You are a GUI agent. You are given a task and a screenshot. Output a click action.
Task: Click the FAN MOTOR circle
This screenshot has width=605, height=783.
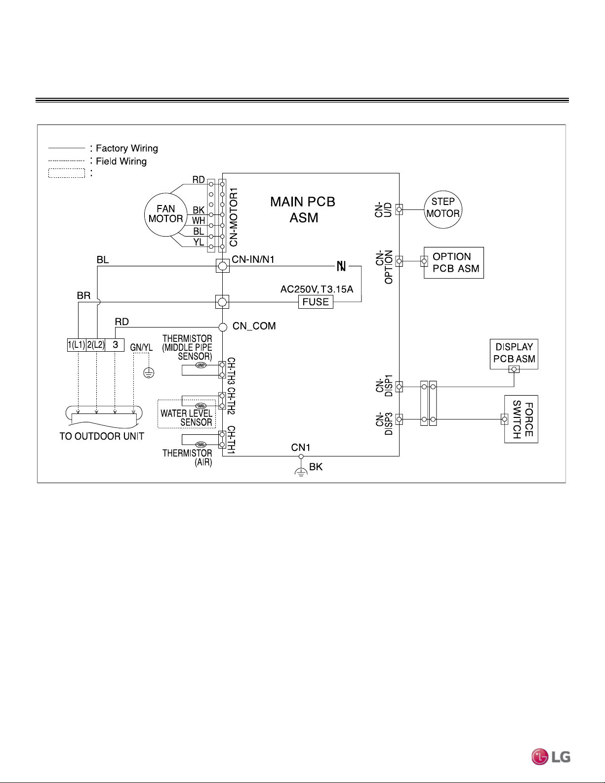(145, 215)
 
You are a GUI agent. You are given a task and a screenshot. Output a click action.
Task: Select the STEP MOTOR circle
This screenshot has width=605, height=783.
(425, 209)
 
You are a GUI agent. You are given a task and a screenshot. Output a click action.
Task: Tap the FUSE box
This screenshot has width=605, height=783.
(316, 302)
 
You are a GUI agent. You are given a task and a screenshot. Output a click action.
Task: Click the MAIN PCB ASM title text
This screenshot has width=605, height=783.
(303, 209)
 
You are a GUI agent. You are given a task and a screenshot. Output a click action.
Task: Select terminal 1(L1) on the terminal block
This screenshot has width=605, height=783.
(77, 345)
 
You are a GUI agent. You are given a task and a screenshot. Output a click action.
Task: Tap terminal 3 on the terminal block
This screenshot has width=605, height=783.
(115, 345)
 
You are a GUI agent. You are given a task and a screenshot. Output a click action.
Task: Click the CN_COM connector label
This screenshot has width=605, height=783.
(254, 326)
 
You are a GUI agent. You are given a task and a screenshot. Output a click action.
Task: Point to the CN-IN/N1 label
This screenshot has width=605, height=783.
(253, 259)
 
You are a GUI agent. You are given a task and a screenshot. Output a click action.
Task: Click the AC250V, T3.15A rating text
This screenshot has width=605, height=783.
(317, 289)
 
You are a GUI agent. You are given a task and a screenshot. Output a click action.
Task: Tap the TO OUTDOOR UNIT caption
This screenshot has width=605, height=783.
(102, 436)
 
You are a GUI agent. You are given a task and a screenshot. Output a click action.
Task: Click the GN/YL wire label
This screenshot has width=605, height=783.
(141, 347)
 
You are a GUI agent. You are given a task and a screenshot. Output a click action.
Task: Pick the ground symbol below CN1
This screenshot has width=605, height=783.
(301, 471)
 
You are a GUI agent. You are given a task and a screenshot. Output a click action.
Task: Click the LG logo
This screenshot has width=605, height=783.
(551, 757)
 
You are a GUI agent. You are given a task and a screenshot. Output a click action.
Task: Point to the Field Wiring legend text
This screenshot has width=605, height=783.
(121, 161)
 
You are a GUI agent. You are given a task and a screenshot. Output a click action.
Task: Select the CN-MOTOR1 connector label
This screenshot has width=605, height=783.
(234, 217)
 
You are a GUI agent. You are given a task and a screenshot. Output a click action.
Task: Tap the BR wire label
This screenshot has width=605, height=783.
(83, 296)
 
